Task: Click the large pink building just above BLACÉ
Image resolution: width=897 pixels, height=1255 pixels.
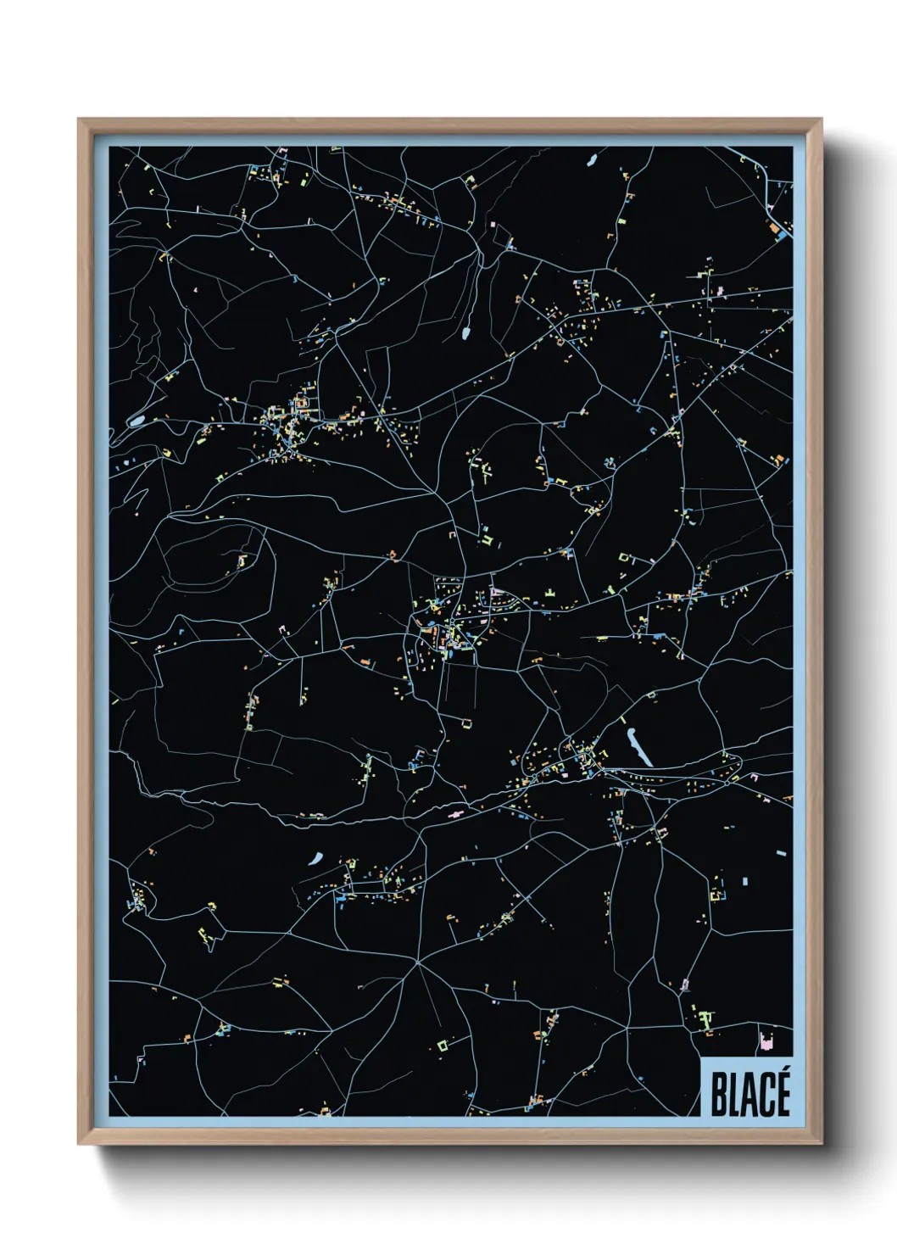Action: [x=767, y=1041]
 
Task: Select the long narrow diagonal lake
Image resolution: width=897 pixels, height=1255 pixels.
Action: [x=638, y=745]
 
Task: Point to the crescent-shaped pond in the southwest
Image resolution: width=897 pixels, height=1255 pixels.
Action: [x=316, y=858]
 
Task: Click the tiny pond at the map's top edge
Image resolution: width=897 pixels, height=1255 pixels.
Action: [x=592, y=159]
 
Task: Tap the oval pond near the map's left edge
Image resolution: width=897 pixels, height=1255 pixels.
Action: [x=136, y=419]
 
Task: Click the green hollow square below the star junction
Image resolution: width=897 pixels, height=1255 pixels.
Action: [x=443, y=1044]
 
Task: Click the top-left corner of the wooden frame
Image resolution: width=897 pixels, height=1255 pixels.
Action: [x=79, y=120]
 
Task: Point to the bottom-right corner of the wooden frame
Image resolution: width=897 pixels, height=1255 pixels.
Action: [x=821, y=1143]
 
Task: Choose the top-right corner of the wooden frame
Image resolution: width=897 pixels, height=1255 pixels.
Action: [x=821, y=120]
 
